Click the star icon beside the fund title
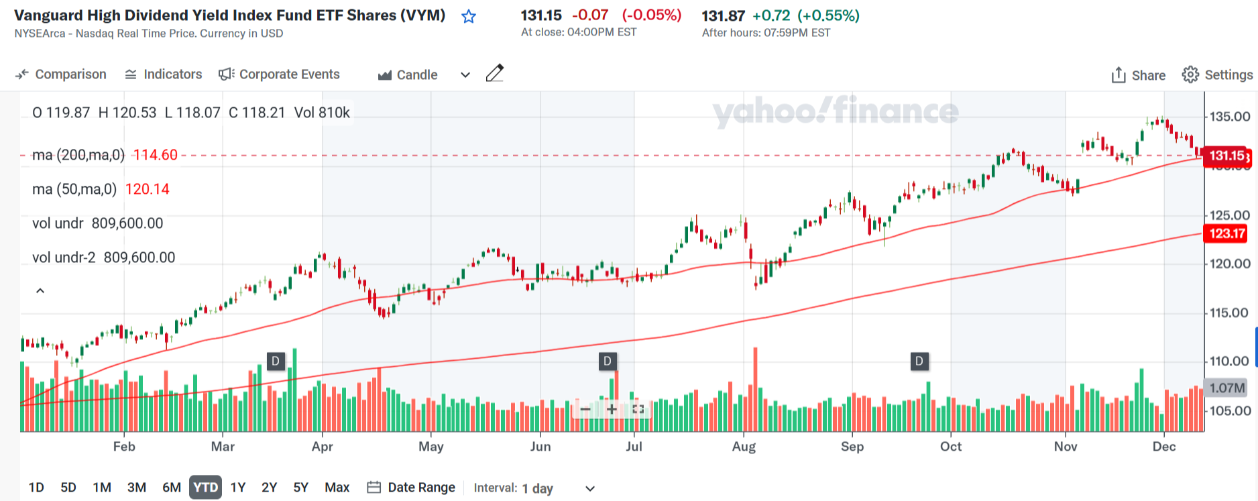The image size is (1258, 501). (x=469, y=17)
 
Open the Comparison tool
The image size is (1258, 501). (x=61, y=74)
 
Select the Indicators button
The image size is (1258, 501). (x=164, y=74)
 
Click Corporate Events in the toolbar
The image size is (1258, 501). (x=280, y=74)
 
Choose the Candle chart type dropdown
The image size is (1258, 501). (x=424, y=75)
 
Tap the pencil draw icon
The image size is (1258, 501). (x=494, y=73)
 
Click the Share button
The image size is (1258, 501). (x=1138, y=75)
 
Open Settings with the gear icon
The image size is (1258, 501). (x=1216, y=75)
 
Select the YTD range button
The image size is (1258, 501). (x=205, y=488)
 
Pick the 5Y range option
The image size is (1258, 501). (x=300, y=488)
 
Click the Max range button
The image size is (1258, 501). (x=337, y=488)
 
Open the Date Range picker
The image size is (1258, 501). (x=411, y=488)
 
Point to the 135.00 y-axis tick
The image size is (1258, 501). (x=1229, y=117)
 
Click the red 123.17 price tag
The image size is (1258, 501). (x=1227, y=233)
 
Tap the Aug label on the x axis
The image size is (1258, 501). (x=744, y=447)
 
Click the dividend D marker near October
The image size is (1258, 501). (x=919, y=361)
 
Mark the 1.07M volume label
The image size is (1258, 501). (x=1227, y=388)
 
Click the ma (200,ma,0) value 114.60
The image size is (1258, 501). (x=156, y=156)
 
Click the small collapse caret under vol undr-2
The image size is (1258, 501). (x=40, y=290)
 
